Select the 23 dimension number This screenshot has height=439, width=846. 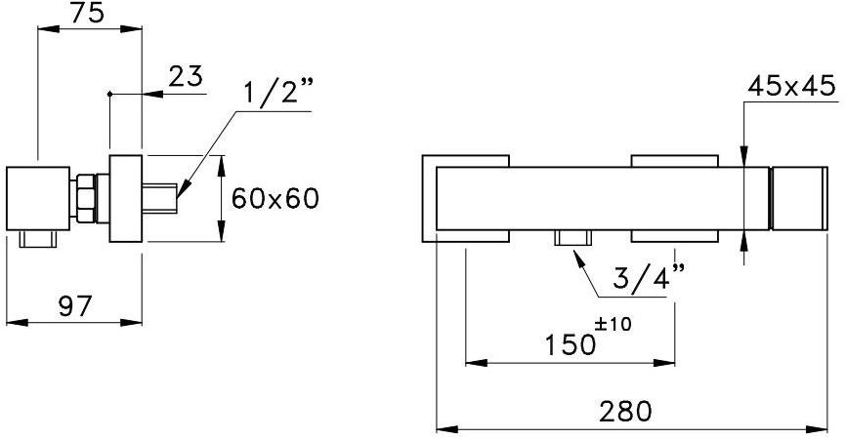(185, 76)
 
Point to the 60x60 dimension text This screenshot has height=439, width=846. (275, 199)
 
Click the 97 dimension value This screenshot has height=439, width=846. (73, 306)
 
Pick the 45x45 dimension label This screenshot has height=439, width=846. (791, 87)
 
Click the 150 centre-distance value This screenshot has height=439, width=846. (570, 344)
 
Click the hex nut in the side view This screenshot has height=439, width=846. (87, 198)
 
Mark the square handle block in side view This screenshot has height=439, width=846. (40, 198)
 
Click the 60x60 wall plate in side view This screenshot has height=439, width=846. (126, 198)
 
